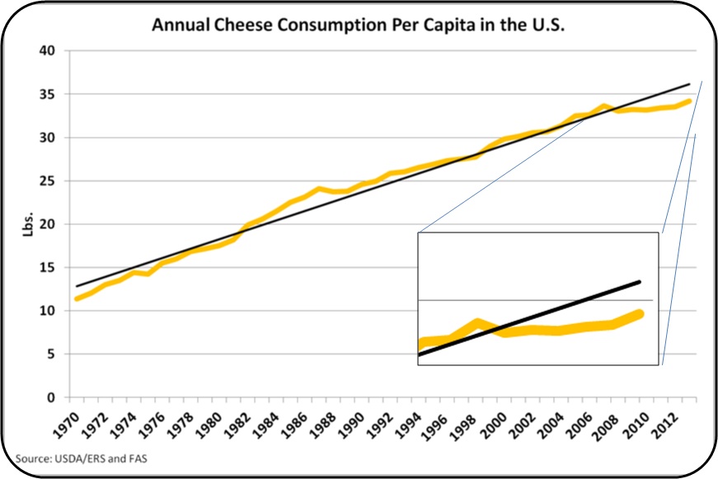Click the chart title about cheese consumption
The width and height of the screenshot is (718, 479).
pos(358,25)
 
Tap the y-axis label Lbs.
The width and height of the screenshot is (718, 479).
pos(28,224)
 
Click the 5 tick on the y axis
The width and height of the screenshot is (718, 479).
pos(50,355)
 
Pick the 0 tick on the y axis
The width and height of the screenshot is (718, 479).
pos(50,397)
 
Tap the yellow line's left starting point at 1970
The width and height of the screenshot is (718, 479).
pos(77,298)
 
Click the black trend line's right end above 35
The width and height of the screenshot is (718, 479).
pos(689,84)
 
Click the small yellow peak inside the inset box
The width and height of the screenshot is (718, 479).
pos(477,322)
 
